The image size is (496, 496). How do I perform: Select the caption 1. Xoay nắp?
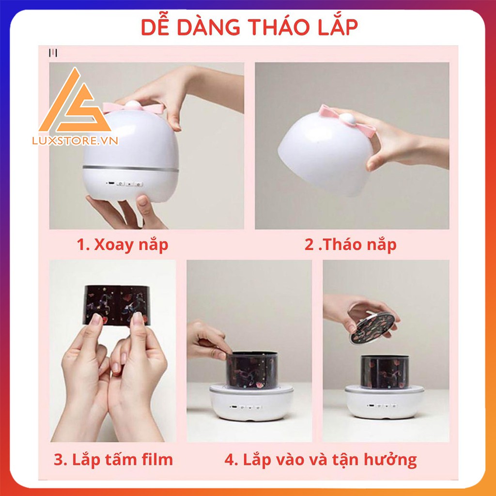(x=123, y=245)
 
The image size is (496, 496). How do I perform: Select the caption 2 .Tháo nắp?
(x=350, y=245)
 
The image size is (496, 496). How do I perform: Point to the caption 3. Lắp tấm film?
(x=113, y=459)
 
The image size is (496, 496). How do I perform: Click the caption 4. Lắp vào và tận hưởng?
(x=320, y=459)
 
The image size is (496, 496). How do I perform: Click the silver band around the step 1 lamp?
(x=130, y=169)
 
